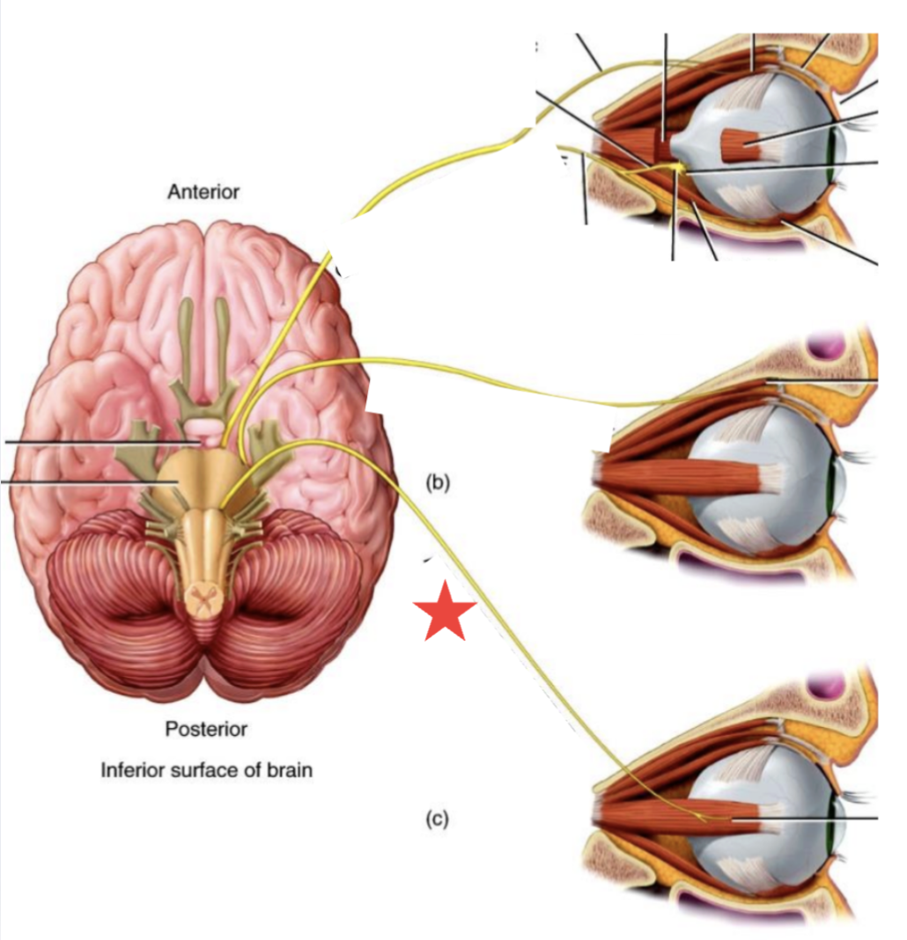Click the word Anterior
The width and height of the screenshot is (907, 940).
(x=203, y=191)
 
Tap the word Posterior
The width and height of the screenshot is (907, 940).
(x=206, y=729)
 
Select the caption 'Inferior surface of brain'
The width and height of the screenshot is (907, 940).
(x=207, y=770)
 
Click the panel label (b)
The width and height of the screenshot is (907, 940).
(x=438, y=481)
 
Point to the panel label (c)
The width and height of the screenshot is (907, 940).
(x=438, y=819)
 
